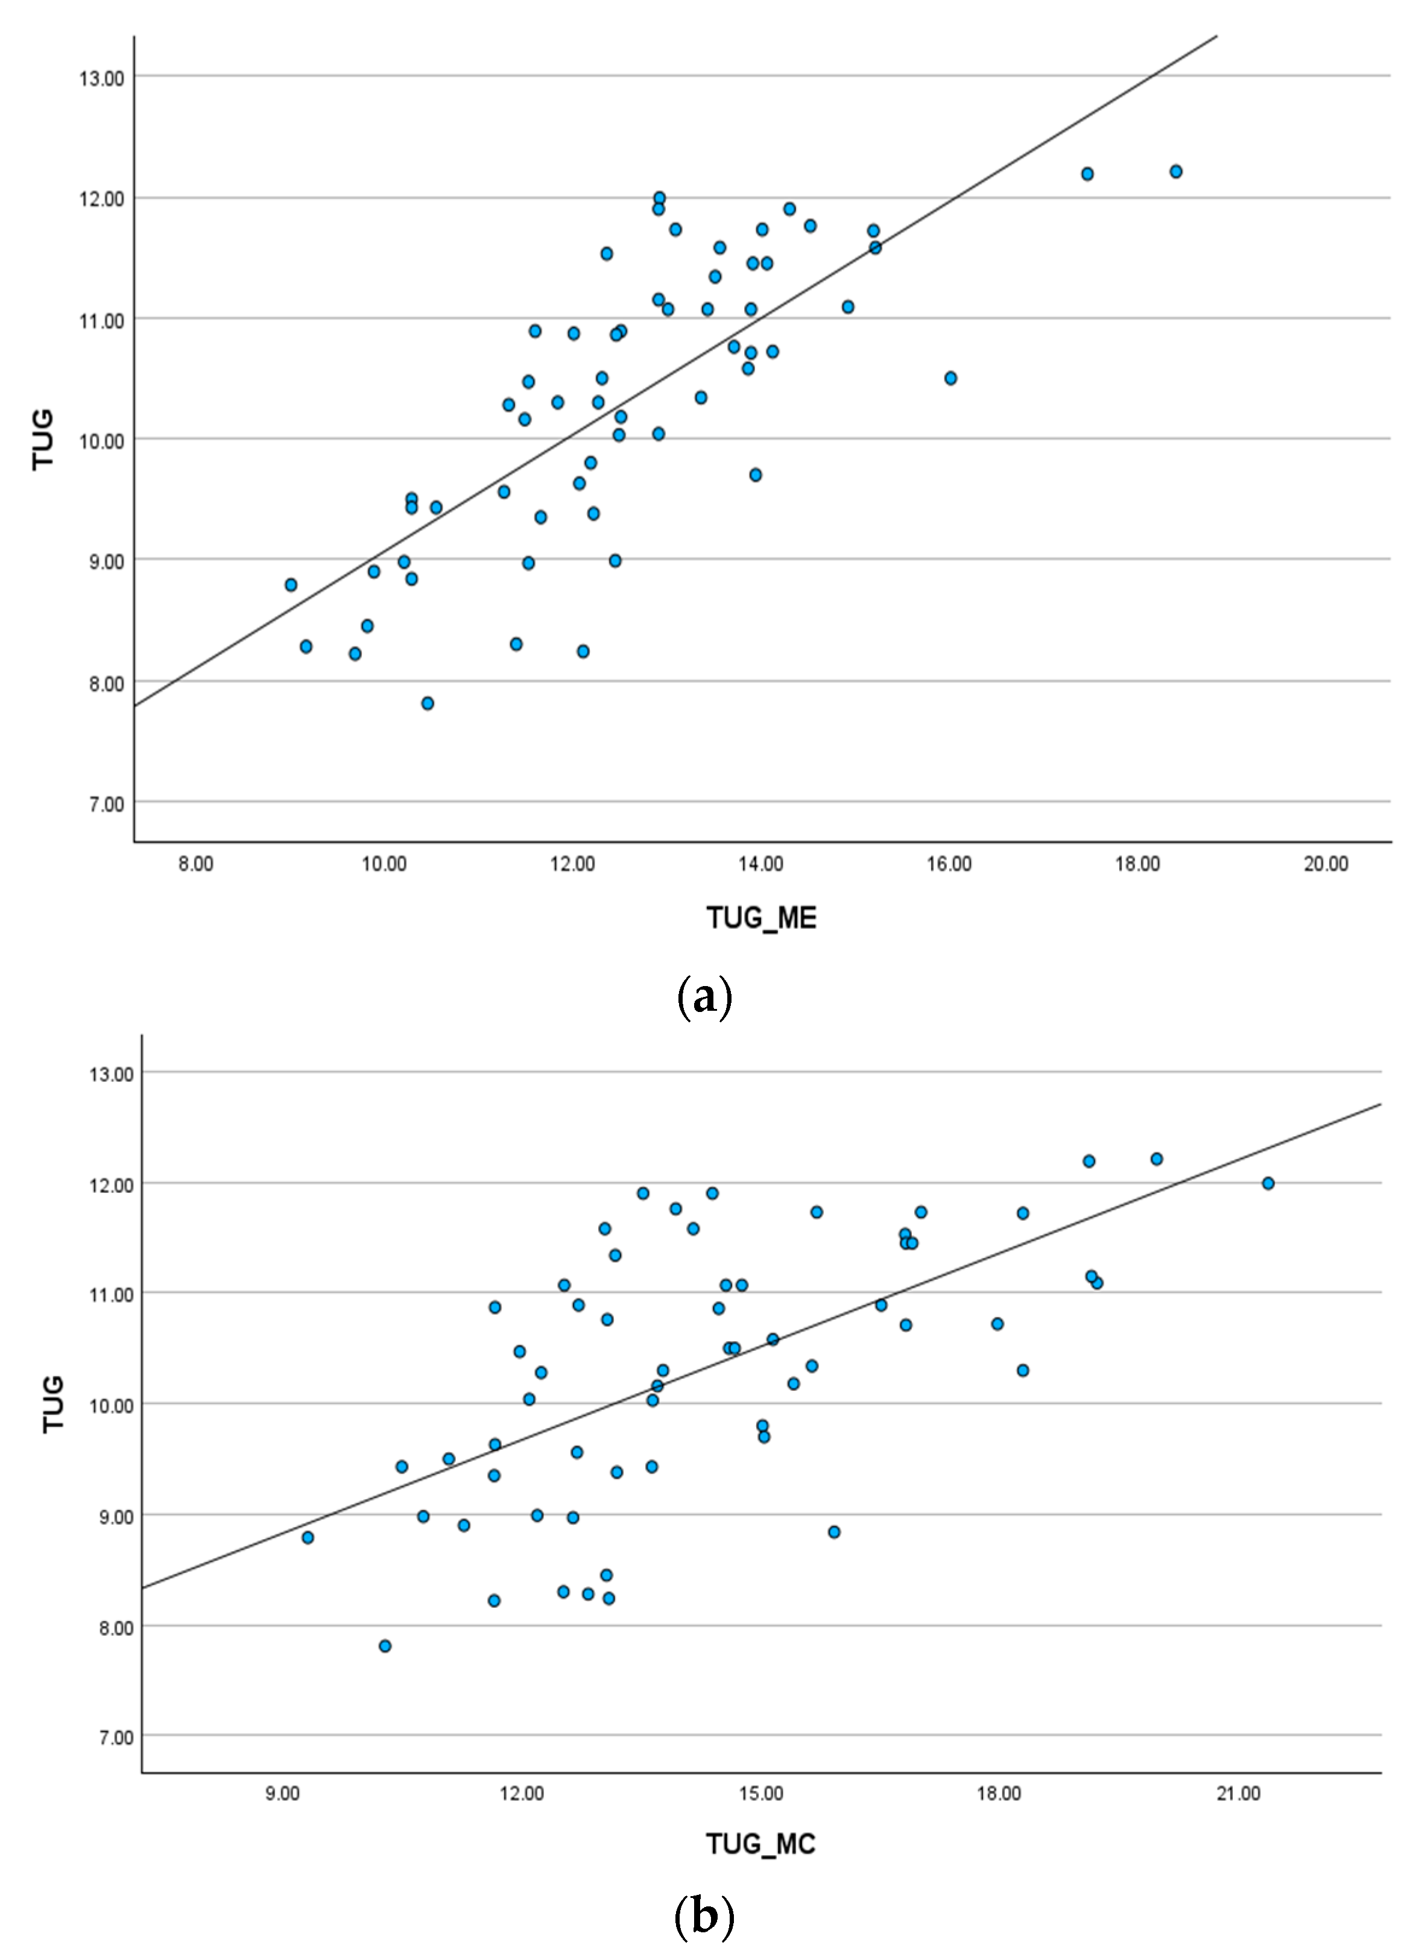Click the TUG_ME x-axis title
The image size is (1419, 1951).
[761, 919]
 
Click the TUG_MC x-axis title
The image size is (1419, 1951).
[760, 1844]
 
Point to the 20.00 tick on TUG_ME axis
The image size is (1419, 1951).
[1326, 864]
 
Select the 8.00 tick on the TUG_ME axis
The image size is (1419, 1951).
[195, 864]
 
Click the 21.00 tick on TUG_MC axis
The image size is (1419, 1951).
[1239, 1794]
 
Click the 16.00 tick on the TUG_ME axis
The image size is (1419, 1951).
[949, 864]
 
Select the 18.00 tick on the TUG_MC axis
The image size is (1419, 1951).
[999, 1794]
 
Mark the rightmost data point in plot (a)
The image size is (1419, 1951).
[1175, 171]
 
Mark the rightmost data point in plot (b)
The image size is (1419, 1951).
[1268, 1184]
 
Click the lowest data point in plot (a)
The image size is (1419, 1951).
[428, 703]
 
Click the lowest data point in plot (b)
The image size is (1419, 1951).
[385, 1646]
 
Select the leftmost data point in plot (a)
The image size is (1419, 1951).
[291, 585]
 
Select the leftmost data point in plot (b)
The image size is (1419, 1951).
[308, 1537]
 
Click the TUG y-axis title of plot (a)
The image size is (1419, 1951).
[43, 440]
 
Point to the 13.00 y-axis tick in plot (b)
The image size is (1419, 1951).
[111, 1075]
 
